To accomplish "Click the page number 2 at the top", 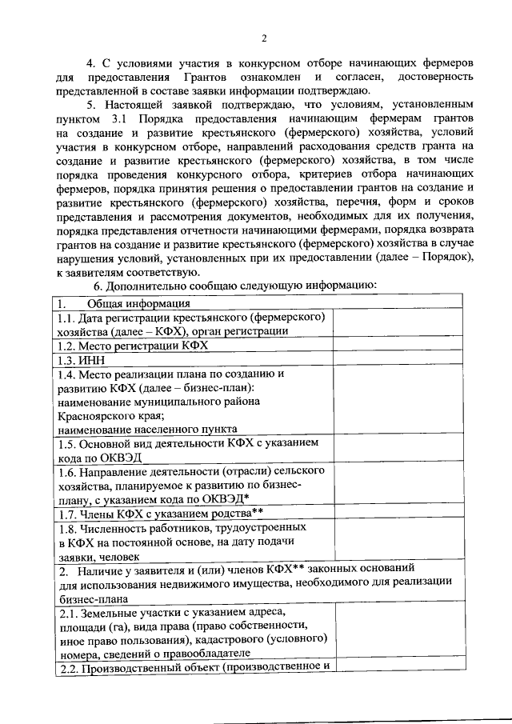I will pos(263,38).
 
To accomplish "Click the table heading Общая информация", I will pos(138,303).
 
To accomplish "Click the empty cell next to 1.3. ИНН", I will pos(397,360).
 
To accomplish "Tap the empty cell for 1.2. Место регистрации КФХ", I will pos(397,346).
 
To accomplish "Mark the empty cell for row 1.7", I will pos(397,514).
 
